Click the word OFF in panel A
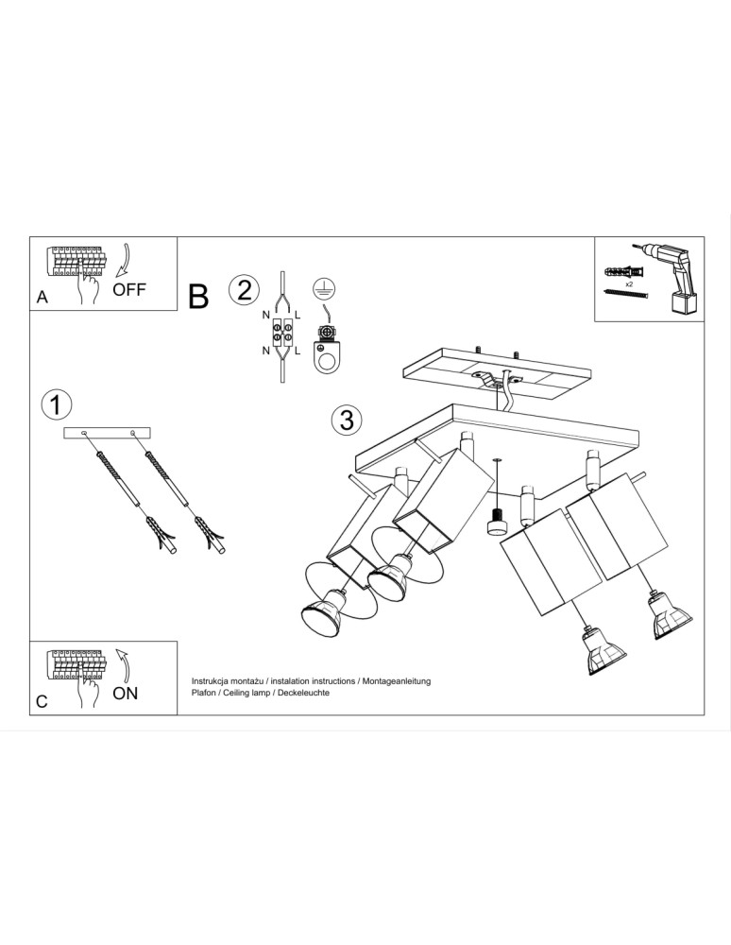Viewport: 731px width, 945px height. click(x=128, y=289)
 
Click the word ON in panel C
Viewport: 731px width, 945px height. click(x=126, y=693)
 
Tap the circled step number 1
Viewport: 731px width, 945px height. click(x=56, y=404)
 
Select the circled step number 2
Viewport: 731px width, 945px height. click(x=244, y=290)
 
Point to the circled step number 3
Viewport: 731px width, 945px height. click(x=347, y=420)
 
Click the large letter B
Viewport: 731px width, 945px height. click(x=198, y=297)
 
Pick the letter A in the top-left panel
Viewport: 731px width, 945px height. click(x=42, y=297)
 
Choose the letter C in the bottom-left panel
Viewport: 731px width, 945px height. click(x=42, y=701)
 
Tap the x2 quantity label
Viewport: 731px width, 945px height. click(x=629, y=283)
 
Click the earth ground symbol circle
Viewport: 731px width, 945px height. click(x=325, y=288)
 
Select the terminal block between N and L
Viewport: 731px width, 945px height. click(x=281, y=332)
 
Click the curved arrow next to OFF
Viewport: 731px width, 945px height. click(x=124, y=261)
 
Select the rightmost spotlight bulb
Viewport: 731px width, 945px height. click(x=671, y=616)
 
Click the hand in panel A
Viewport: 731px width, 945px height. click(x=87, y=282)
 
